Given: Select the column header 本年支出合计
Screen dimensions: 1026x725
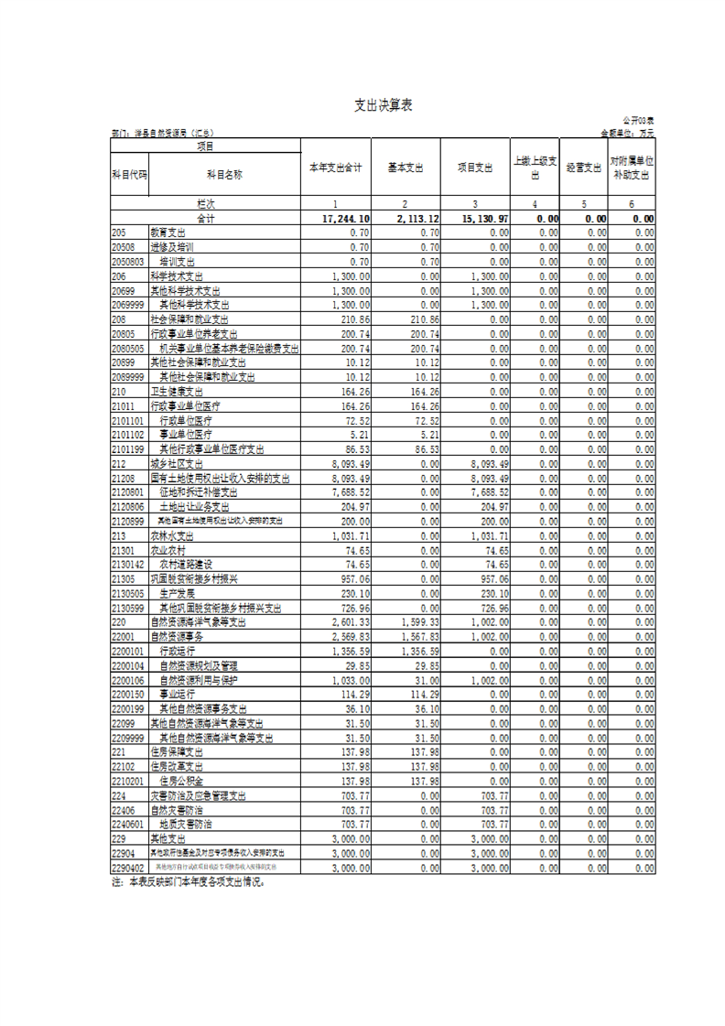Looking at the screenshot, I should pos(335,167).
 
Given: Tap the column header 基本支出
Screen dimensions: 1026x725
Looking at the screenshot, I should pos(406,167).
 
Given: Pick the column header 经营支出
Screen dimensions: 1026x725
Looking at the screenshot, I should pos(583,167).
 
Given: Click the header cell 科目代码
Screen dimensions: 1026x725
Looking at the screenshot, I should pos(129,173).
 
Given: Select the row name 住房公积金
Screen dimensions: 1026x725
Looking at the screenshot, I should pos(182,782).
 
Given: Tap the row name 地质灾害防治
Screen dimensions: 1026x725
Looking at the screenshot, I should pos(186,824).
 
